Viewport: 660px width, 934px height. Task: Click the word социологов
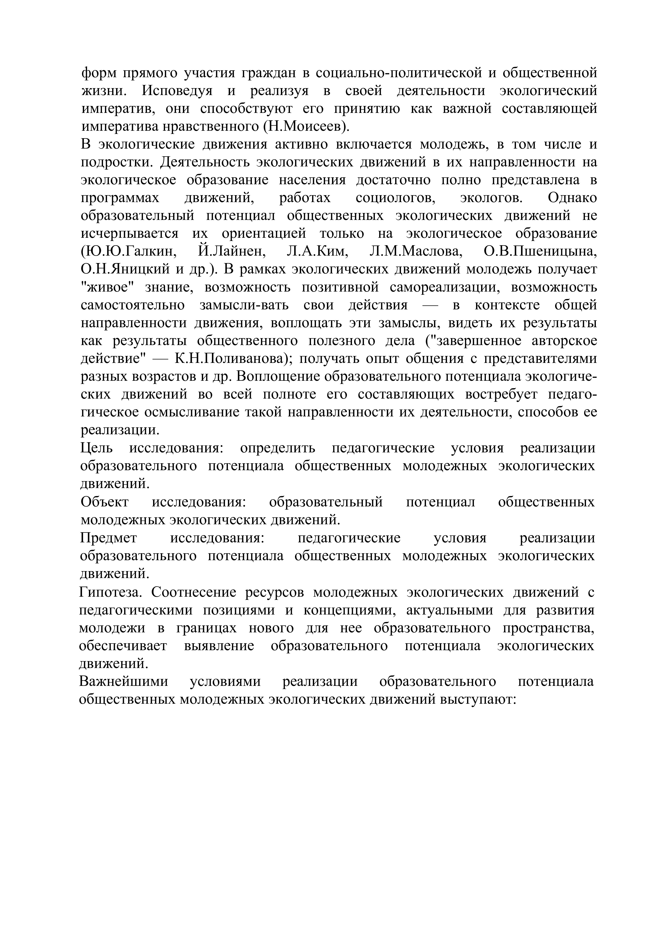[395, 198]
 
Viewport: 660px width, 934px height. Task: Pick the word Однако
[572, 198]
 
